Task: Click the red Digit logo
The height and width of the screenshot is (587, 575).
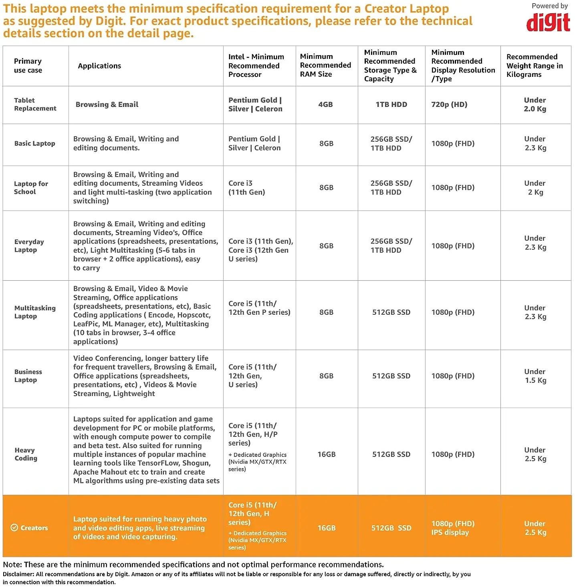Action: pos(548,22)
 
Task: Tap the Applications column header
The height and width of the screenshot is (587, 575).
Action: pos(99,66)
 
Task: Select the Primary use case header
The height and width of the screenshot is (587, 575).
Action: pos(28,66)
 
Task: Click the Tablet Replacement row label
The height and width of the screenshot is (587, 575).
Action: pos(35,105)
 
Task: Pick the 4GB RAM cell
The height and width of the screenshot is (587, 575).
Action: pos(325,105)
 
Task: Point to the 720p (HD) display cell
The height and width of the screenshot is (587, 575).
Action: pos(449,105)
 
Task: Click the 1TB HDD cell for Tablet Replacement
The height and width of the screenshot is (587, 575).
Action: pos(391,105)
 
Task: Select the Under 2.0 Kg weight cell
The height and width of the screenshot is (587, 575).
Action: pos(535,105)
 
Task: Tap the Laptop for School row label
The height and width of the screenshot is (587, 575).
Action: pos(31,188)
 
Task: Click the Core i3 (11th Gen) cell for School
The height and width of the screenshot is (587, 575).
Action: pos(246,188)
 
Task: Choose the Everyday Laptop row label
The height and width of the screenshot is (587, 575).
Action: pos(29,246)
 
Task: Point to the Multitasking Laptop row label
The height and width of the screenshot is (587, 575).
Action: pos(35,312)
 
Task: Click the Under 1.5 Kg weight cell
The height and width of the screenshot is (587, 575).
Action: pos(535,376)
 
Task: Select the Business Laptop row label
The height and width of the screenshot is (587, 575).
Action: pos(28,376)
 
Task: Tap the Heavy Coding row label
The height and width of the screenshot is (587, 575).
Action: pos(26,454)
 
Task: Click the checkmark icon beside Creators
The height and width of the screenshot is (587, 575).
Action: pos(14,528)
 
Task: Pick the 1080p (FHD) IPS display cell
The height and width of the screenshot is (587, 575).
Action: pos(453,528)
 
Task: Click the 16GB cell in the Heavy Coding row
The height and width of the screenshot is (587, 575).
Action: pos(327,454)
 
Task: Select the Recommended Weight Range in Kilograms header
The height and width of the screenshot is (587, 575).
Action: pos(535,66)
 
